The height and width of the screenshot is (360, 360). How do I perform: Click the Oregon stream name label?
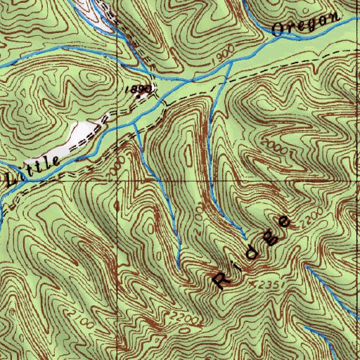point(304,23)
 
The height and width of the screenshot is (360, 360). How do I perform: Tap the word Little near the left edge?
point(32,169)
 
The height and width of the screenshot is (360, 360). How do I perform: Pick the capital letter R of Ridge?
point(221,281)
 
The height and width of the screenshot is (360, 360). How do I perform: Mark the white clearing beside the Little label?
point(82,134)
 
